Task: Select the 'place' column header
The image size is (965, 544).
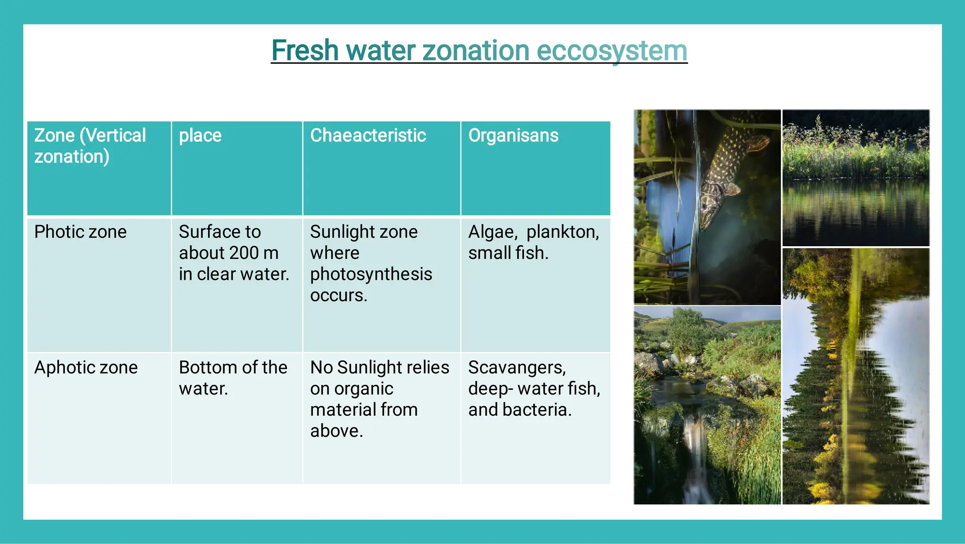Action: pos(200,136)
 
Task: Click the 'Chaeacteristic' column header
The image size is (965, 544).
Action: pos(368,136)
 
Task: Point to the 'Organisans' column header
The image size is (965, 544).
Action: pos(513,136)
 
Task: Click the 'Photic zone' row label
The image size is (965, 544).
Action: pos(81,232)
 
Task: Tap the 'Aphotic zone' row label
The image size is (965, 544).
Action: pos(86,368)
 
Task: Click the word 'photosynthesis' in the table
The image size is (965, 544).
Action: pos(371,274)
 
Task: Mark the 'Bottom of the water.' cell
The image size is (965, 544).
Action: pos(233,378)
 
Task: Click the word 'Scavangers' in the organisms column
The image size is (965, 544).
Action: pos(516,368)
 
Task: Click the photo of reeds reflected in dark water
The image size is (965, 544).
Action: pos(856,178)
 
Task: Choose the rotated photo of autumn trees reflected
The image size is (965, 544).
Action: pos(856,376)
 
